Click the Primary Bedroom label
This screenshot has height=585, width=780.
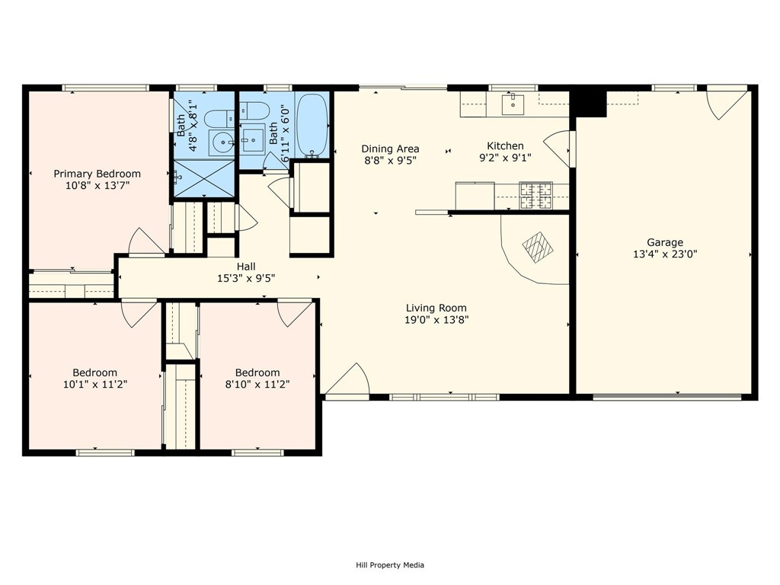click(x=97, y=174)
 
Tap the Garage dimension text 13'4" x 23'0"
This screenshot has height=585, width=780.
click(x=665, y=254)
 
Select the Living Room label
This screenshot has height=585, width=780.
click(x=436, y=308)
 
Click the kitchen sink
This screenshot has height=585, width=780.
click(x=513, y=104)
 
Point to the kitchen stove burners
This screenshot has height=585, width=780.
click(x=535, y=195)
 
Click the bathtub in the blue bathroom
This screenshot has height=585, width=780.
click(x=312, y=126)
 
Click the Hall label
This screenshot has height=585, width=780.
click(x=246, y=267)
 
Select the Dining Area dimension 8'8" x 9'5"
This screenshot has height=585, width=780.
click(x=390, y=160)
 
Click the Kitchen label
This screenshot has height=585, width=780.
click(x=505, y=145)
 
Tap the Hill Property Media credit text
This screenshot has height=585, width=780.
click(x=390, y=565)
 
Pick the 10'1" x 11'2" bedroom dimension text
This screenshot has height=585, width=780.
click(x=95, y=384)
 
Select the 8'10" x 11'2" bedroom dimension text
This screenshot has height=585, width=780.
click(x=257, y=384)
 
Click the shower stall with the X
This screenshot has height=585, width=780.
click(x=204, y=178)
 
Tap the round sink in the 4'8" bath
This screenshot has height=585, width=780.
click(x=222, y=143)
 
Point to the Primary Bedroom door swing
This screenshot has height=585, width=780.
click(x=147, y=242)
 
